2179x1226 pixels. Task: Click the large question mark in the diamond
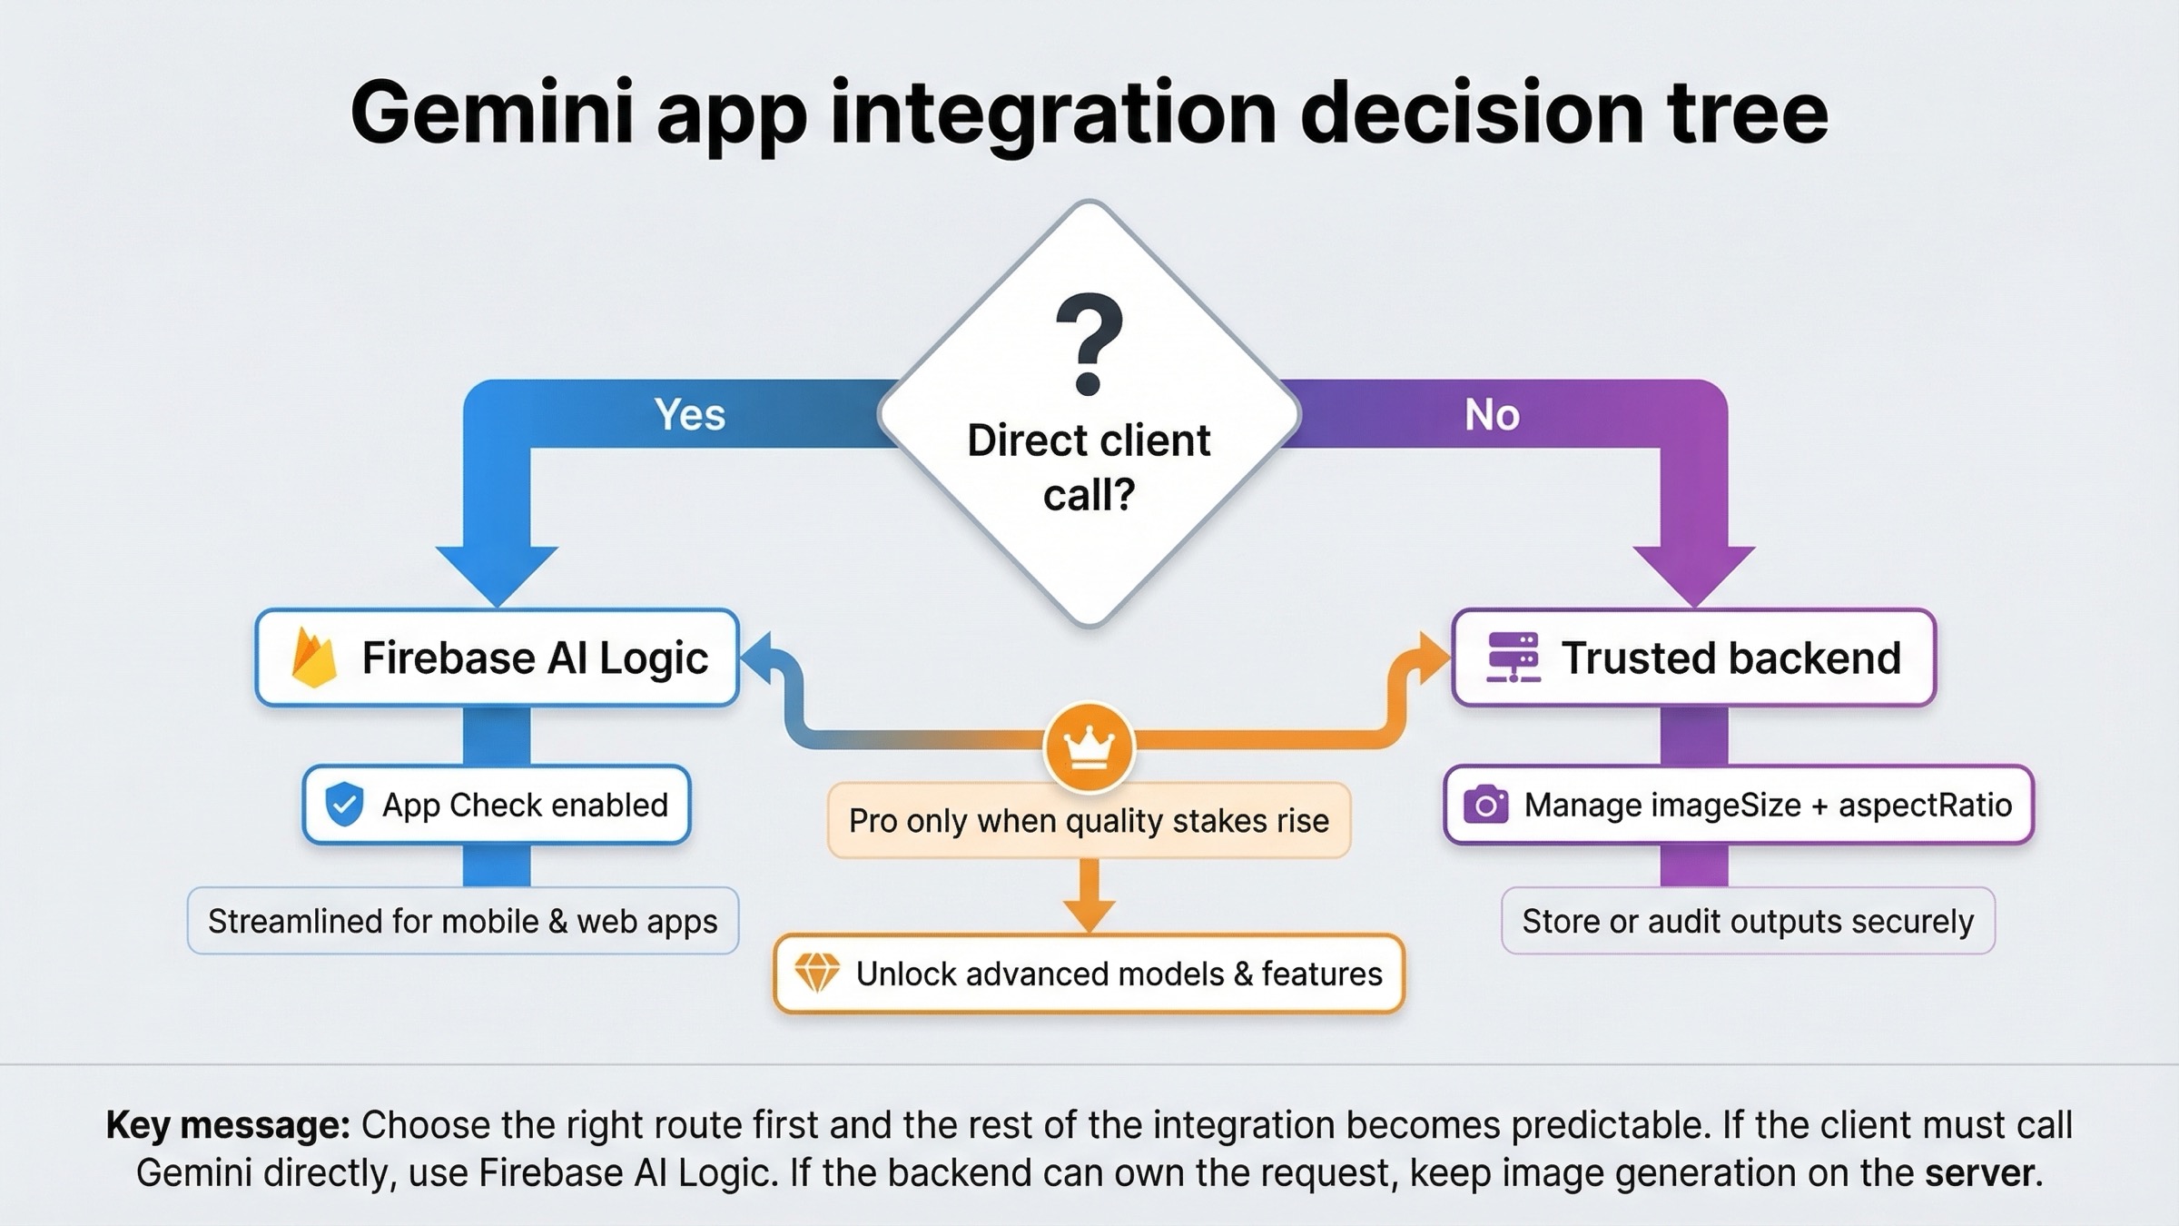coord(1089,344)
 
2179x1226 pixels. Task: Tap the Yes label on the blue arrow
coord(690,415)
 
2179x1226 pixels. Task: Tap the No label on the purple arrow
coord(1492,415)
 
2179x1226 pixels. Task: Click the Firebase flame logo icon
coord(313,658)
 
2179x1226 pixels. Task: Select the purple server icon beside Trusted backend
coord(1513,657)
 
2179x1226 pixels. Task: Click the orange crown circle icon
coord(1089,747)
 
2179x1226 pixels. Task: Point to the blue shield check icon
coord(344,805)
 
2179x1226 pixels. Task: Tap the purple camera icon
coord(1485,806)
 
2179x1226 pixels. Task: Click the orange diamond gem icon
coord(816,974)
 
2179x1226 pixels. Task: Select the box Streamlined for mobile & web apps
coord(462,921)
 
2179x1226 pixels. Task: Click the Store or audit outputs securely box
coord(1747,921)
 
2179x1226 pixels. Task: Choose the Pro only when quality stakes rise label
coord(1089,821)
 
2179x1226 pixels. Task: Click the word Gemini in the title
coord(491,114)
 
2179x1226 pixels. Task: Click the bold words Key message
coord(228,1125)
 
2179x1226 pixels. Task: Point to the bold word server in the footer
coord(1978,1173)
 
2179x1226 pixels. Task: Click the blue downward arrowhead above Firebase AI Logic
coord(497,572)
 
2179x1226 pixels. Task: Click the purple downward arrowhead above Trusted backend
coord(1693,572)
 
